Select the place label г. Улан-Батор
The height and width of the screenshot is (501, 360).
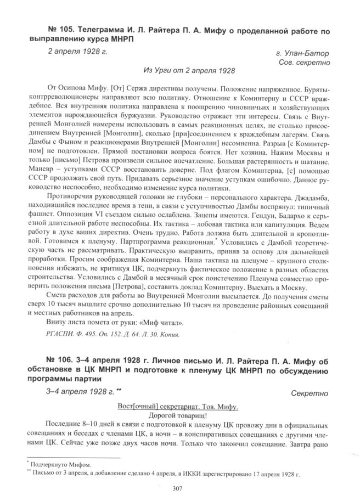pyautogui.click(x=303, y=53)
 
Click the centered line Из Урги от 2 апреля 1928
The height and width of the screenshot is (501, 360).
pyautogui.click(x=189, y=71)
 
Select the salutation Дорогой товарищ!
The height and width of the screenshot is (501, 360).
pyautogui.click(x=178, y=415)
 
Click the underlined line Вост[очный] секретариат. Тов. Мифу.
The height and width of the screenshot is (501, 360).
pyautogui.click(x=178, y=407)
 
